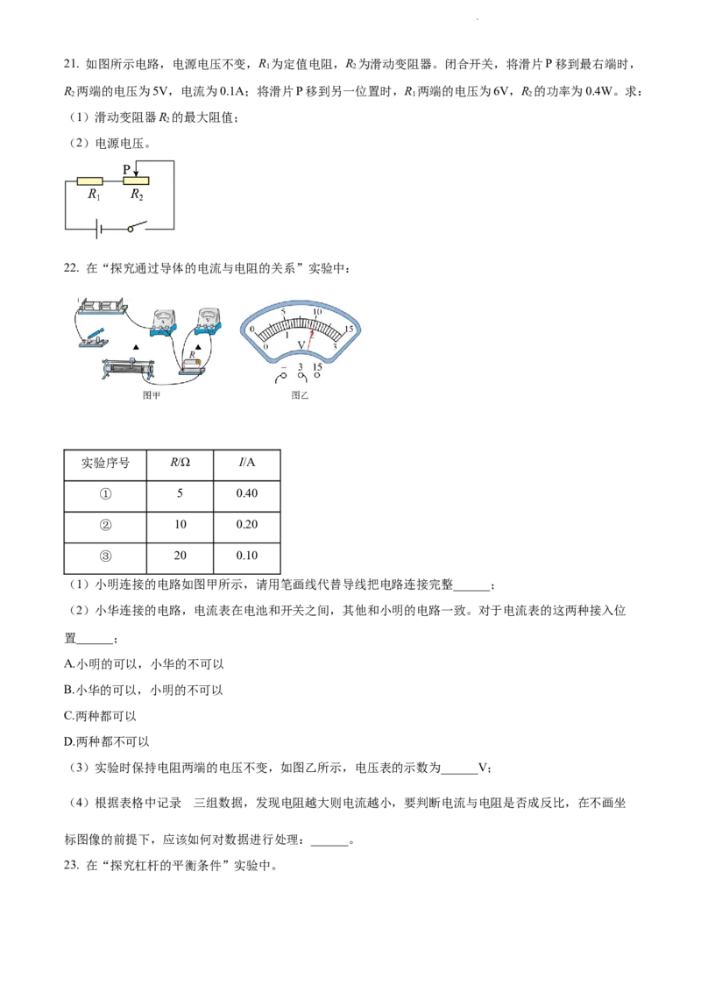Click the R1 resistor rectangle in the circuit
pos(89,181)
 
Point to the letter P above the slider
pos(126,168)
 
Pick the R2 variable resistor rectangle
pos(136,181)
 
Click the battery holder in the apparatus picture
pos(102,307)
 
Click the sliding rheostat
pos(129,370)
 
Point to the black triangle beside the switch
pos(135,348)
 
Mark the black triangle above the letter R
pos(198,347)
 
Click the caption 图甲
pos(152,396)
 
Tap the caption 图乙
pos(301,396)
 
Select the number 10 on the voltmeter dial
pos(317,311)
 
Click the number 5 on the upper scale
pos(283,312)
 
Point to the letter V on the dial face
pos(301,344)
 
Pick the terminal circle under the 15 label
pos(317,378)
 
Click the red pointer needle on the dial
pos(309,342)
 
